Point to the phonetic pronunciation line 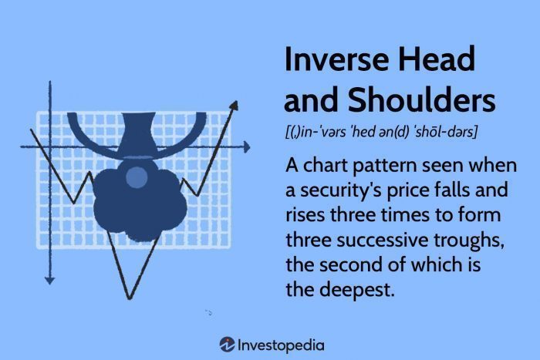coord(381,133)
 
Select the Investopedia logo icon coord(227,344)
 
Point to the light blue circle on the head coord(137,178)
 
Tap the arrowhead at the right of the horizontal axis coord(246,144)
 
